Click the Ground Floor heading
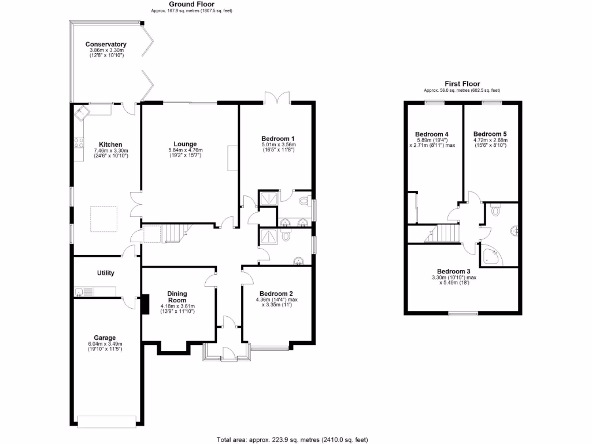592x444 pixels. point(191,4)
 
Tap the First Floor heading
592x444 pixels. point(461,84)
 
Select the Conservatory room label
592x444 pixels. point(106,45)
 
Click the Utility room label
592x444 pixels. point(105,273)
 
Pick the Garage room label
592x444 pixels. point(105,338)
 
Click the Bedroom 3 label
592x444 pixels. point(453,271)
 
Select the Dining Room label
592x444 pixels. point(177,297)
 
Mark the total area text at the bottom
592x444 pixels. point(292,439)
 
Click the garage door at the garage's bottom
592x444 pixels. point(108,422)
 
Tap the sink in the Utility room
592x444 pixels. point(80,291)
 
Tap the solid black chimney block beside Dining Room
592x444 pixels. point(145,305)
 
